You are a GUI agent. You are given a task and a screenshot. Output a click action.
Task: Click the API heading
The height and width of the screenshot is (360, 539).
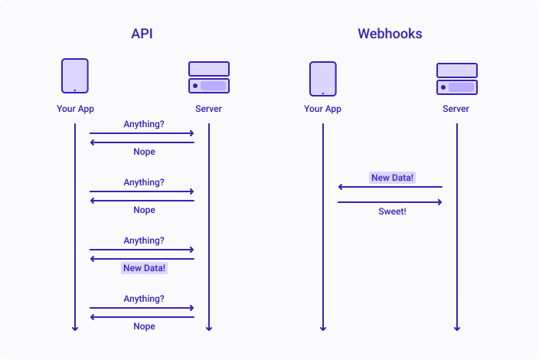[142, 34]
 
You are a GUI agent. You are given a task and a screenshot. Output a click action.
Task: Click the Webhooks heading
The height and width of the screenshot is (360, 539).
[390, 34]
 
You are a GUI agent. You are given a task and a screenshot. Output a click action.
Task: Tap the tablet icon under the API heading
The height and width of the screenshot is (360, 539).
[75, 76]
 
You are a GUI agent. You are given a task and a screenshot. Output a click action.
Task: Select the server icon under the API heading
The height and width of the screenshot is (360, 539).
[209, 77]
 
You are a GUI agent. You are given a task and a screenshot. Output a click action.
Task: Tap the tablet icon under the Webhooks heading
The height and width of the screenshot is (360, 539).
[323, 79]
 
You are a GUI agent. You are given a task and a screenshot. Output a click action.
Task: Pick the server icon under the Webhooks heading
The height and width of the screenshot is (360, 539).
[457, 79]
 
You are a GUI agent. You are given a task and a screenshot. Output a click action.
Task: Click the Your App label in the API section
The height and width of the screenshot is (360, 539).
[75, 109]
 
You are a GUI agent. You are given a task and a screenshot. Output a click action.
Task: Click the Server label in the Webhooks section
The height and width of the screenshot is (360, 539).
[456, 109]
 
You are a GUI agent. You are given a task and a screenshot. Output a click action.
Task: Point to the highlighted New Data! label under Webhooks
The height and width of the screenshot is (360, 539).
[392, 178]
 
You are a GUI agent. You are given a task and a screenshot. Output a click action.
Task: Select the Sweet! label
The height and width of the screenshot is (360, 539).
[392, 211]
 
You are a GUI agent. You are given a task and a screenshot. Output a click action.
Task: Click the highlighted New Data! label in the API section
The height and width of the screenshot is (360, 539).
[145, 268]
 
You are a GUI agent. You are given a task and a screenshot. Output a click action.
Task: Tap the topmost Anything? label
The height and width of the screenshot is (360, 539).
[144, 124]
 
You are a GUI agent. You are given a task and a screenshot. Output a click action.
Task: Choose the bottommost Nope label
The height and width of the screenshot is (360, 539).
[145, 326]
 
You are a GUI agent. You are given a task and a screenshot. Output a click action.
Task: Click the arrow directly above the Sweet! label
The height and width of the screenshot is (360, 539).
[390, 202]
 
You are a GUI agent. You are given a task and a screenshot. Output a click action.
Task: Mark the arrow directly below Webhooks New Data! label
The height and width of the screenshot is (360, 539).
[390, 187]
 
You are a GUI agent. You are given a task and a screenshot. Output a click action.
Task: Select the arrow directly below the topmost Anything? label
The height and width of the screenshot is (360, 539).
[142, 133]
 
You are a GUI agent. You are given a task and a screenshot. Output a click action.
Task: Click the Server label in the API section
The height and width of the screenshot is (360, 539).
[209, 109]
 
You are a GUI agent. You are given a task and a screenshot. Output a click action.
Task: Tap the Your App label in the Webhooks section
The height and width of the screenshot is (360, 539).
[322, 109]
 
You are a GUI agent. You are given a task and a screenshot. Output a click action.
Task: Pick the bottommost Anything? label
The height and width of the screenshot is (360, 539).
[144, 299]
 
